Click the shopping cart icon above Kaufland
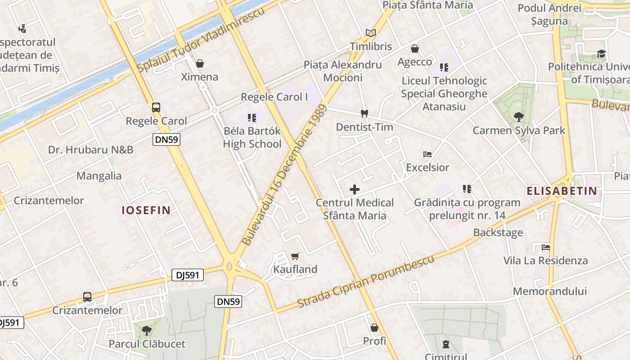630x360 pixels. click(x=295, y=256)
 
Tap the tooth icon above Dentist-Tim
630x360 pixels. click(x=364, y=114)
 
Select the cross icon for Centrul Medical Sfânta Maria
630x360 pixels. click(x=355, y=189)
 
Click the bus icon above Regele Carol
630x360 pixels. click(x=156, y=107)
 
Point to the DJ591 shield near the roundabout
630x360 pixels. click(x=188, y=275)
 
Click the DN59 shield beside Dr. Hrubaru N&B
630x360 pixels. click(x=166, y=139)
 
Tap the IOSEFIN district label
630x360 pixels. click(x=146, y=210)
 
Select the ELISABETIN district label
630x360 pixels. click(x=562, y=191)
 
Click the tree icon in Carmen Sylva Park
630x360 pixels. click(x=518, y=117)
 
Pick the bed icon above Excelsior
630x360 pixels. click(x=427, y=154)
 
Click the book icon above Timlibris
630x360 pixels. click(x=371, y=33)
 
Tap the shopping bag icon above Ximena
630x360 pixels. click(x=200, y=63)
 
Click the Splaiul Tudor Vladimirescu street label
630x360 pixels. click(x=201, y=40)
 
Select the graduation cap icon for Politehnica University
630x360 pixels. click(x=602, y=54)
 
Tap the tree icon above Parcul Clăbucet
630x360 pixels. click(x=146, y=331)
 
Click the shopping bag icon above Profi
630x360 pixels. click(x=374, y=328)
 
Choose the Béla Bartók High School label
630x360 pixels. click(x=252, y=137)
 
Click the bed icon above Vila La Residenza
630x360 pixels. click(x=545, y=247)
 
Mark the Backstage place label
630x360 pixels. click(x=498, y=233)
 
